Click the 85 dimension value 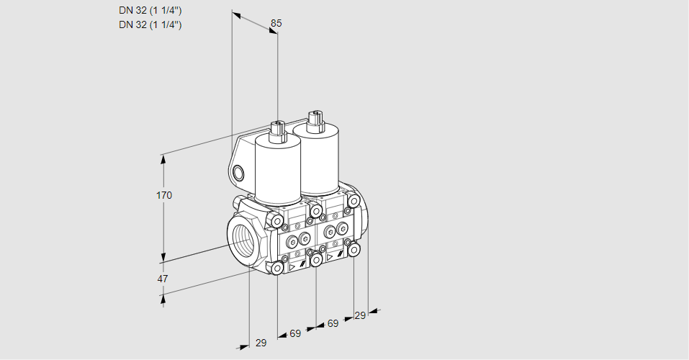(276, 23)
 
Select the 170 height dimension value (164, 195)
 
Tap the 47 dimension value (163, 279)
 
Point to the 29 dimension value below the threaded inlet (261, 343)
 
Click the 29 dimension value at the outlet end (360, 315)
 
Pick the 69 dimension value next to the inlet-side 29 (295, 333)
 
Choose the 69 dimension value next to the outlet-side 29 (333, 323)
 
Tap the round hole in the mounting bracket (238, 174)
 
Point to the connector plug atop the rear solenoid (315, 121)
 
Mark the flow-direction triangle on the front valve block (291, 267)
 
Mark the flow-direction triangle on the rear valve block (329, 257)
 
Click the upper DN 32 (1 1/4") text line (150, 11)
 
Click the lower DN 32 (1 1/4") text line (150, 24)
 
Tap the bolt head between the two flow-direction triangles (316, 260)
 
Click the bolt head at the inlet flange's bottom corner (277, 269)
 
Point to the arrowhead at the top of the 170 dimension (164, 159)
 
